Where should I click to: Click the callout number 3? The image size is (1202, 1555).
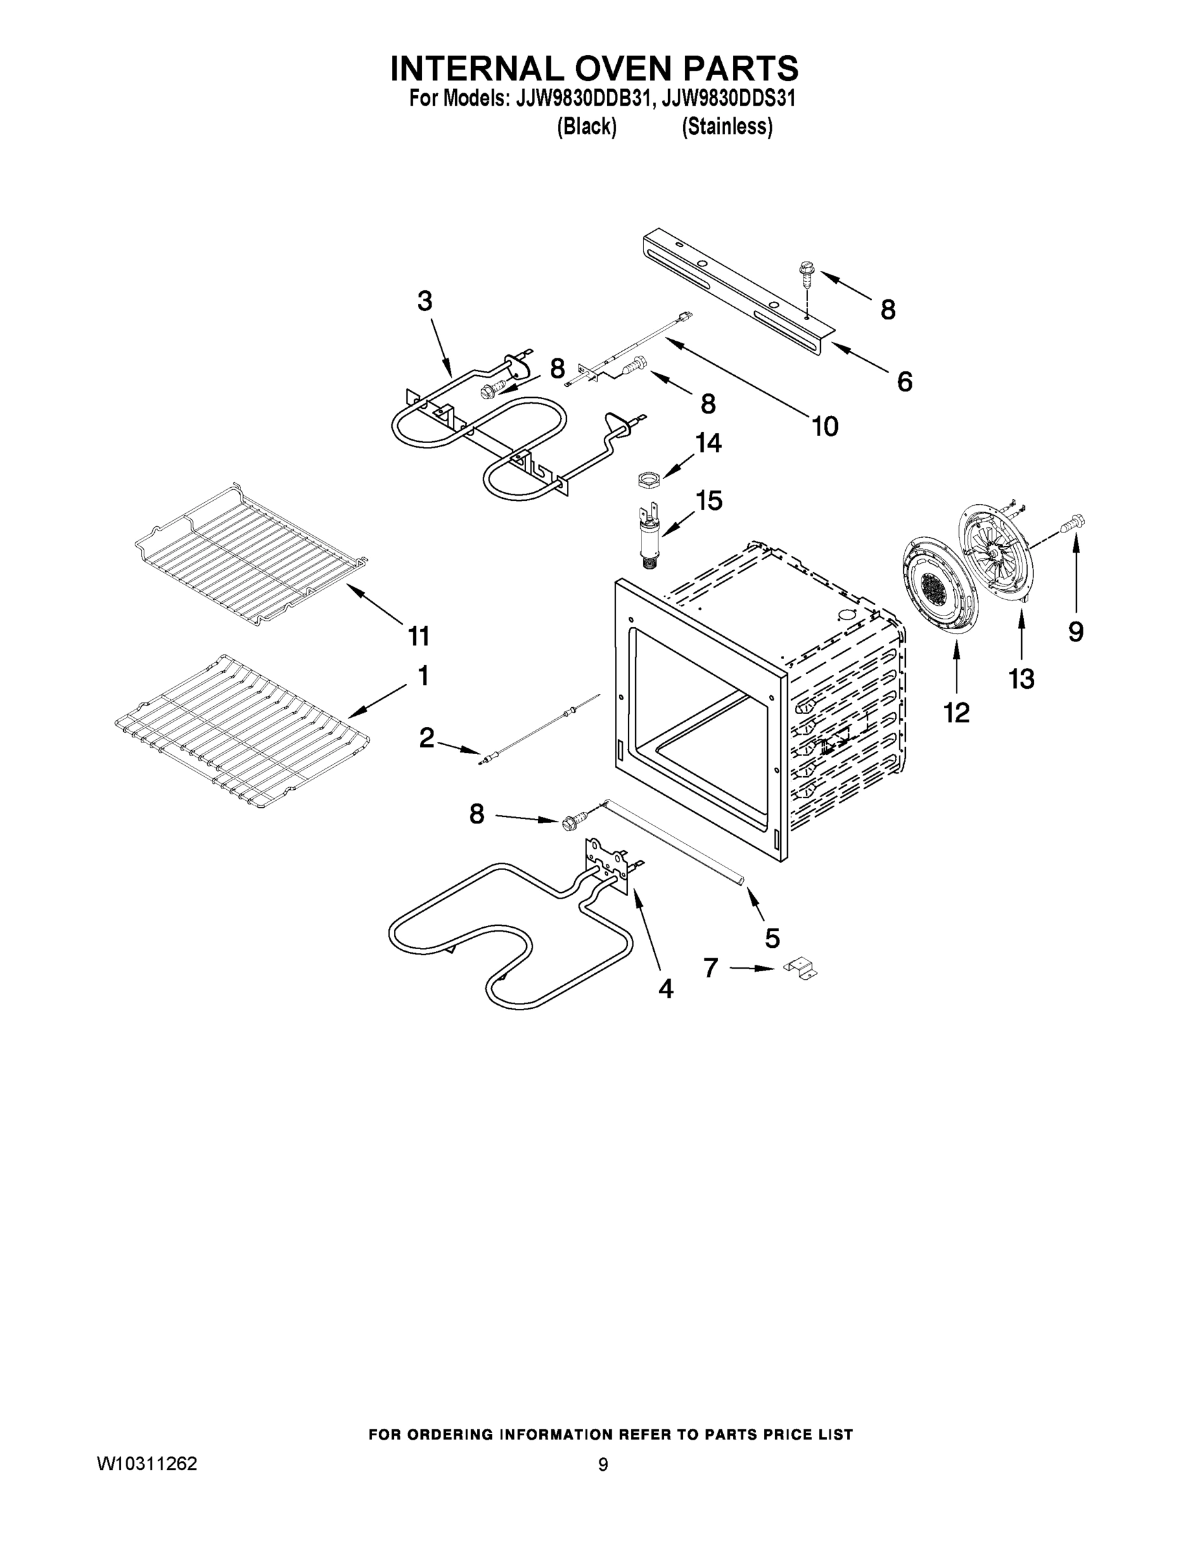point(424,301)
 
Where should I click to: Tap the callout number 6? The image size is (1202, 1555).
point(904,382)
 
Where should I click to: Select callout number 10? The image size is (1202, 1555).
point(825,426)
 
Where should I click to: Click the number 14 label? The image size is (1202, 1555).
point(708,443)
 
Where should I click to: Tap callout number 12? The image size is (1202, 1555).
point(956,711)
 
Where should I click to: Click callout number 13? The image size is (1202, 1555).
point(1021,678)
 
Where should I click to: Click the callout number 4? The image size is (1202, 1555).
point(665,987)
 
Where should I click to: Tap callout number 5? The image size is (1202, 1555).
point(772,937)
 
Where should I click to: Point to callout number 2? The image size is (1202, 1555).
point(426,737)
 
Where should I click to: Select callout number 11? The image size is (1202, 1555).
point(419,635)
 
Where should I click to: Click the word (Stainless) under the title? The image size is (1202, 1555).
point(726,127)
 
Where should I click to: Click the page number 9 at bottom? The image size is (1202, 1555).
point(603,1464)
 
